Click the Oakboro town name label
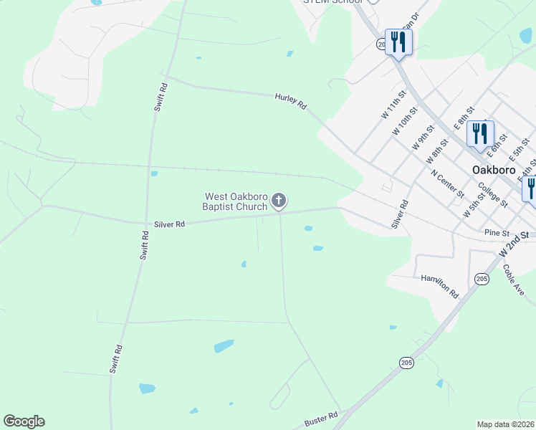[x=494, y=170]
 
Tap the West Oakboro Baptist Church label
[x=236, y=201]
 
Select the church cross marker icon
[x=279, y=201]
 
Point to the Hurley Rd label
[x=291, y=101]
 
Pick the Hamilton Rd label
[x=439, y=286]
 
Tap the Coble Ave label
[x=513, y=279]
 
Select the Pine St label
[x=496, y=233]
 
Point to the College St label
[x=493, y=194]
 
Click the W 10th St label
[x=404, y=121]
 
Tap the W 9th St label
[x=423, y=136]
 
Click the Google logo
[x=24, y=421]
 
